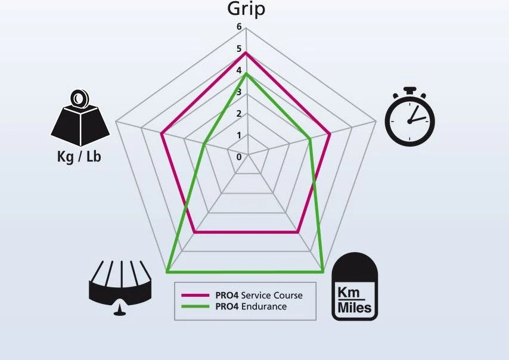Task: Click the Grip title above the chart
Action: click(x=246, y=9)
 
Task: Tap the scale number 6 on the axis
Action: click(x=239, y=27)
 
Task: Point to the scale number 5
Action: click(x=239, y=49)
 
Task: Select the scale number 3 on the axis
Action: click(x=239, y=92)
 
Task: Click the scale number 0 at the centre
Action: click(x=239, y=157)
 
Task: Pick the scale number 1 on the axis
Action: click(x=239, y=135)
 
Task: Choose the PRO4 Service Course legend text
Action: click(x=259, y=295)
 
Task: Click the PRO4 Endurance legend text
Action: click(x=251, y=306)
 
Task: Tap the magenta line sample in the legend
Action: click(x=195, y=295)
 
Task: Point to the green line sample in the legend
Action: click(x=195, y=306)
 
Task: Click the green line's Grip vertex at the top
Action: click(x=246, y=73)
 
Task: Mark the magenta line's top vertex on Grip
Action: click(x=246, y=52)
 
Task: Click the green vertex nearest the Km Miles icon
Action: click(x=324, y=272)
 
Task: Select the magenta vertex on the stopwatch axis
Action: click(x=330, y=135)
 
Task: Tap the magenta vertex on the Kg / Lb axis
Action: click(x=162, y=134)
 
